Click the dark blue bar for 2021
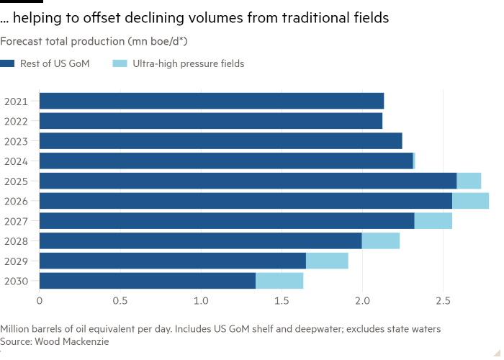pos(212,101)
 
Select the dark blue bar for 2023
pos(220,140)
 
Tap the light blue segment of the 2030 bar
pos(279,281)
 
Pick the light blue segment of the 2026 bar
pos(470,201)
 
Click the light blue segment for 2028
pos(380,240)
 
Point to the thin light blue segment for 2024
pos(414,161)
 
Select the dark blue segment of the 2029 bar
pos(173,261)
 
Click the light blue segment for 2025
pos(469,181)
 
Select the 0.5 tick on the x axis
pos(120,300)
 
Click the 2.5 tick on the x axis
pos(442,300)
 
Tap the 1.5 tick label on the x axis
pos(281,300)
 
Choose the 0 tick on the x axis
pos(40,300)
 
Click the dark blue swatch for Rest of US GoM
pos(8,63)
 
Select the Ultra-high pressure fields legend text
pos(188,63)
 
